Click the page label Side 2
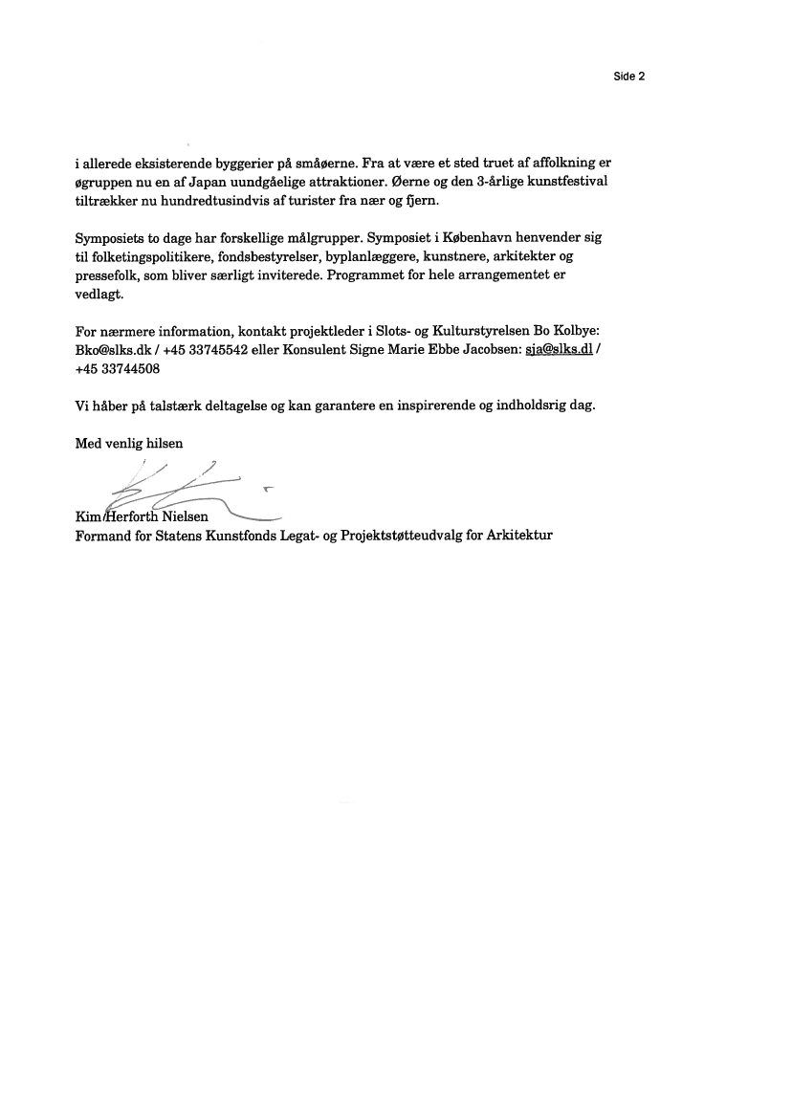(x=629, y=77)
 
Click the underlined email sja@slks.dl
(x=560, y=350)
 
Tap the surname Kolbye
(x=575, y=331)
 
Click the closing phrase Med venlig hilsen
(x=128, y=443)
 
